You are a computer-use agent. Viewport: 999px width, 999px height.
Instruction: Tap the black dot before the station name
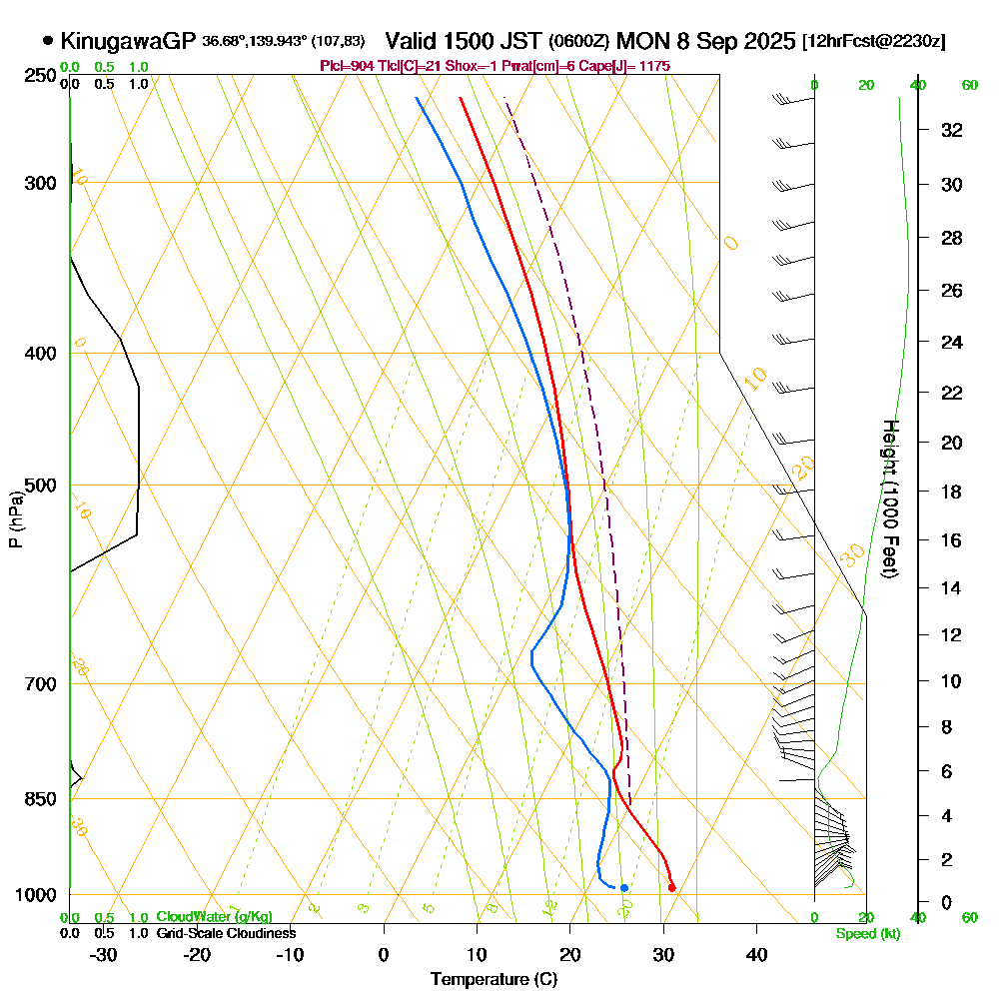[x=48, y=41]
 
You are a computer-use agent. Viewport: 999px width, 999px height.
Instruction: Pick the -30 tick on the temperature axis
[x=104, y=954]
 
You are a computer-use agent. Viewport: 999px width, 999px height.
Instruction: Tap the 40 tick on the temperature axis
[x=756, y=954]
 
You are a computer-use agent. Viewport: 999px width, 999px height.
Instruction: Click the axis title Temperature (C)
[x=494, y=979]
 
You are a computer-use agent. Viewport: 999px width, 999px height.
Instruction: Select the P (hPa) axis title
[x=15, y=518]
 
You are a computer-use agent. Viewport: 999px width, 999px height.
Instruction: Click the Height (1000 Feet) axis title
[x=888, y=499]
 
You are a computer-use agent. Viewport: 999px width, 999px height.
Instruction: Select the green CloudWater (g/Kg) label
[x=213, y=917]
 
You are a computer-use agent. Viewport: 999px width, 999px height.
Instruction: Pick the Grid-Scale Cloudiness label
[x=225, y=933]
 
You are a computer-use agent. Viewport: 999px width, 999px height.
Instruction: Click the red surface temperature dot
[x=671, y=887]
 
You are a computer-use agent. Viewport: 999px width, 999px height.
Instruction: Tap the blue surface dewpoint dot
[x=623, y=887]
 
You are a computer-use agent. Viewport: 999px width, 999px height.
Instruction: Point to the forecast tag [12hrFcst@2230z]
[x=874, y=42]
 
